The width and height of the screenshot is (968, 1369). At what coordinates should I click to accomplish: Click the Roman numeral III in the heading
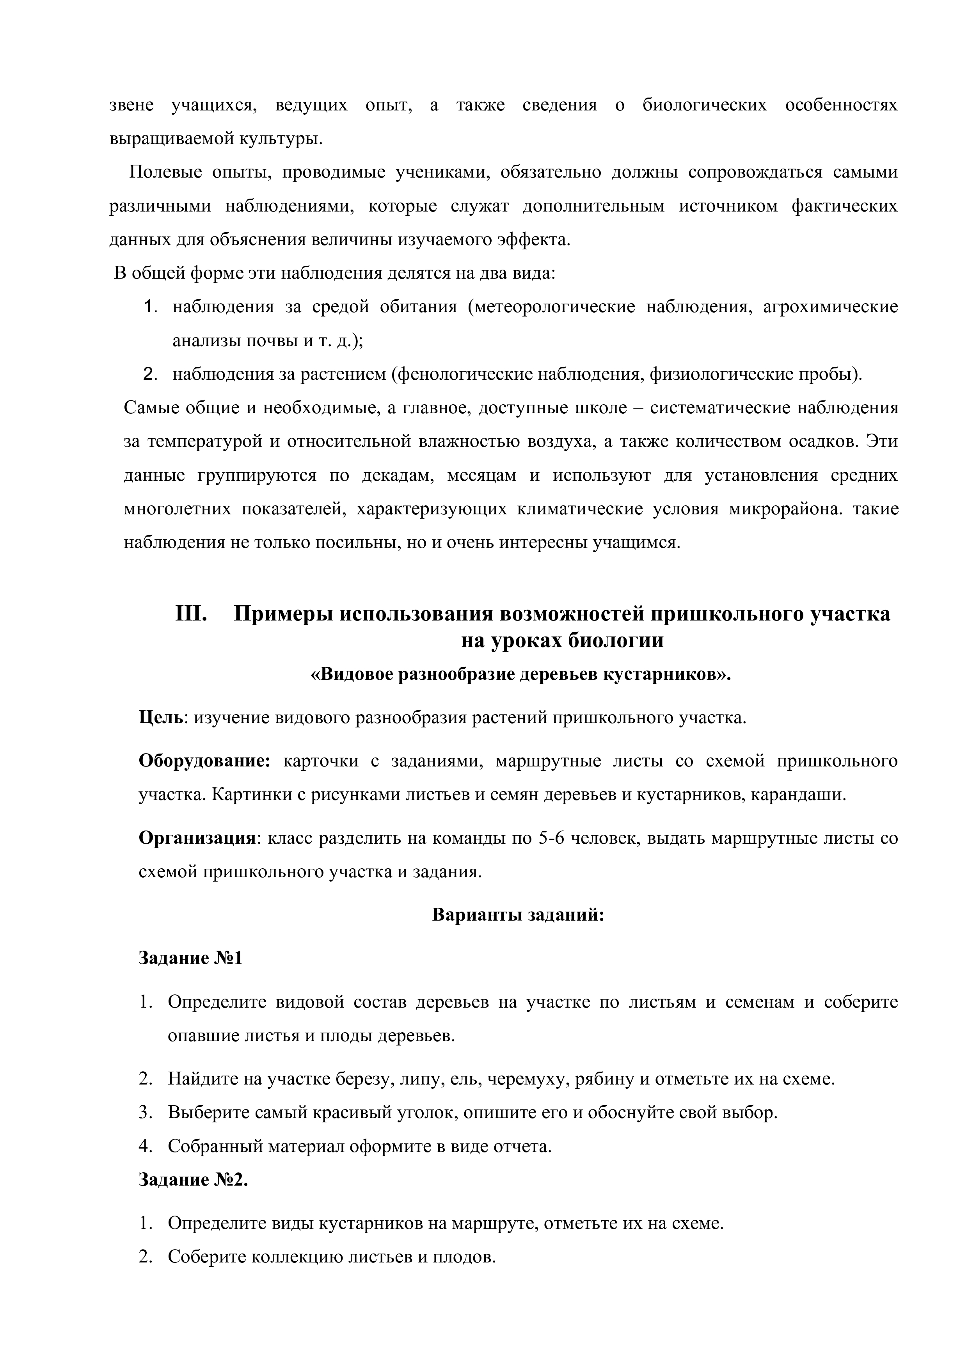pos(191,613)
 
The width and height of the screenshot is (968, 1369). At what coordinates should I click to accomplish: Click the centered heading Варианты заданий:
pos(518,915)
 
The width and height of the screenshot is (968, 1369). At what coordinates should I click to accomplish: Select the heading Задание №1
pos(191,958)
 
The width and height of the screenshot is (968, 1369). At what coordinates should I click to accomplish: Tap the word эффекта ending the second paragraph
pos(533,240)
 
